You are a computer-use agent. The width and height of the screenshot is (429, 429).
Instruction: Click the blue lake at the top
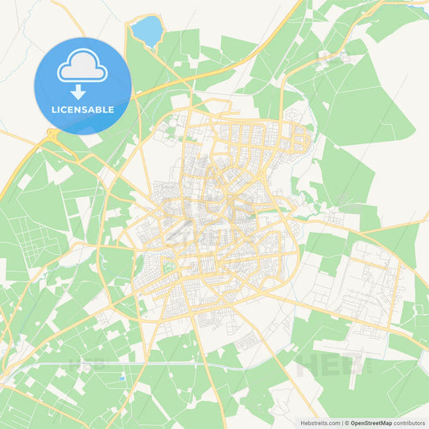(x=146, y=32)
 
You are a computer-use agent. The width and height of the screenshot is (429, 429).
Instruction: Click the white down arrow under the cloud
(x=82, y=91)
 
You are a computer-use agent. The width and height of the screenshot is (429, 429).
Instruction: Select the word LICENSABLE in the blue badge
(x=82, y=109)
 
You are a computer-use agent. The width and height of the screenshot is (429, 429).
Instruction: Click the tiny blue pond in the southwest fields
(x=122, y=377)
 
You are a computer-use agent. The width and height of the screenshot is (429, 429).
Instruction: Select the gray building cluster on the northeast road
(x=332, y=58)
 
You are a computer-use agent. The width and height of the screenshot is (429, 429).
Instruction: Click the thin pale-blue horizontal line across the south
(x=161, y=366)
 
